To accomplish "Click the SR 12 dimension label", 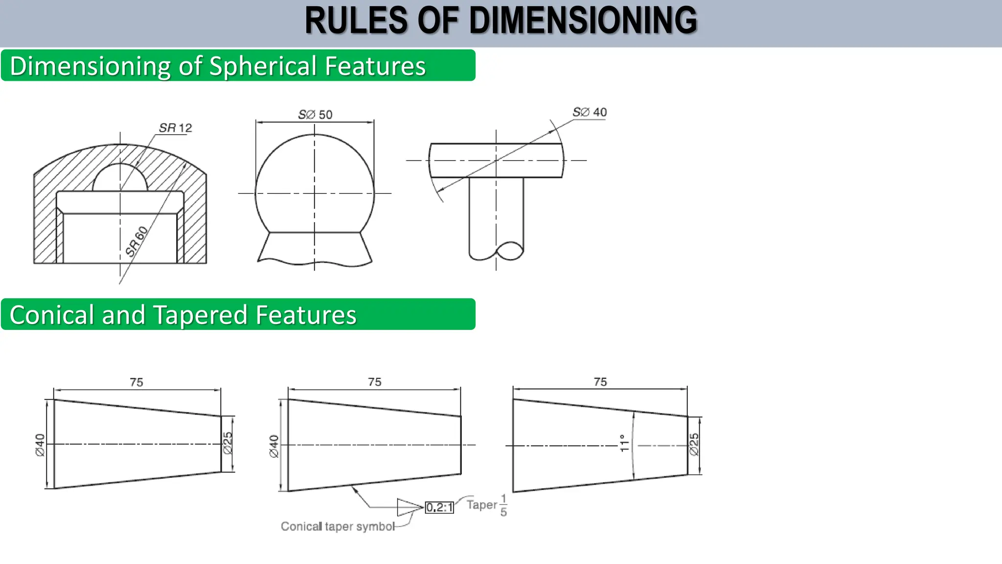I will pos(175,128).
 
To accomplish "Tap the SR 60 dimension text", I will pos(137,241).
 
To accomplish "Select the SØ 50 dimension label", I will pos(315,115).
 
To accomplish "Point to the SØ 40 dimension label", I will pos(590,112).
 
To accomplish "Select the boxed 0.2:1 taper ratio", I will pos(439,508).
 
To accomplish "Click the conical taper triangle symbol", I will pos(409,507).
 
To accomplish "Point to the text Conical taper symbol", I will pos(338,526).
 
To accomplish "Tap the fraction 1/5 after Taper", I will pos(503,505).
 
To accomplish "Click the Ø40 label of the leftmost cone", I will pos(40,445).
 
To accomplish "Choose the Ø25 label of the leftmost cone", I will pos(228,443).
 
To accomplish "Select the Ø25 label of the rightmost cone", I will pos(694,445).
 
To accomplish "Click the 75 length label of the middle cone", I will pos(375,382).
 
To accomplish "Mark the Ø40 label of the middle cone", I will pos(274,446).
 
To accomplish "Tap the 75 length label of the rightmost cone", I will pos(600,382).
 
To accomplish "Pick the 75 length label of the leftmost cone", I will pos(137,382).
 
